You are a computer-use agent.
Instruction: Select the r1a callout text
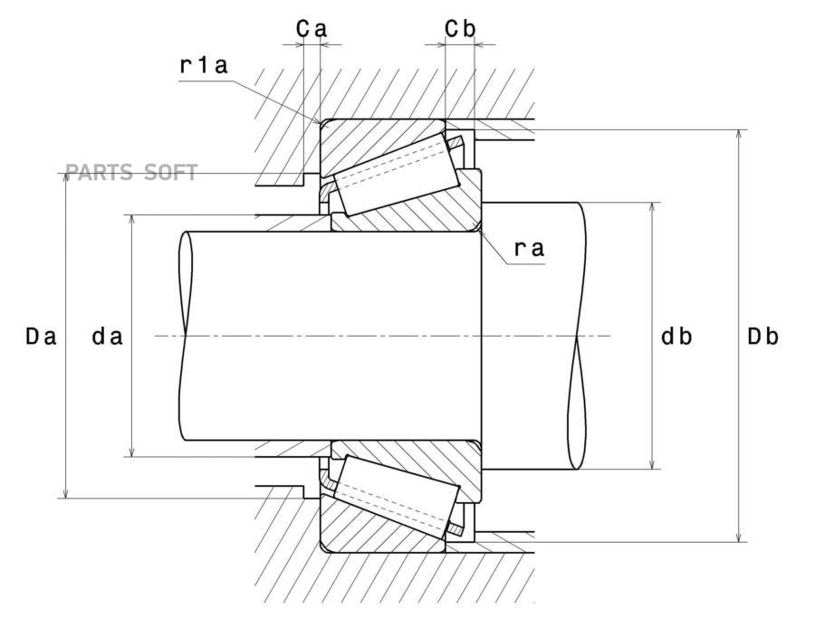204,65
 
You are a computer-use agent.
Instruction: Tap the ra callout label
529,248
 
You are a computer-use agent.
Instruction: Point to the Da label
41,337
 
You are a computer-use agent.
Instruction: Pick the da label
107,337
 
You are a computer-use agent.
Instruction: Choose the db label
676,337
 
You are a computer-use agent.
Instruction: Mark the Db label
762,337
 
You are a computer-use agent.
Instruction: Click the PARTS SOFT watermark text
131,174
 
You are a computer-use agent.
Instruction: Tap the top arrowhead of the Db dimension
740,136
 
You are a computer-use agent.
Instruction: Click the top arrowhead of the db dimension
654,209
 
